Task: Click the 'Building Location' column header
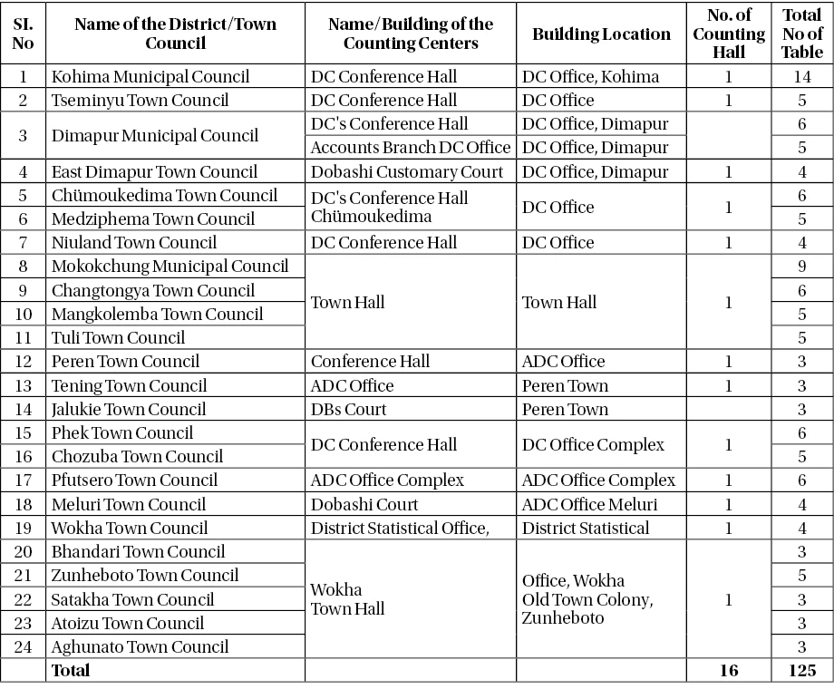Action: [x=602, y=34]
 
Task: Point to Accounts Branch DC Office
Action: [x=411, y=148]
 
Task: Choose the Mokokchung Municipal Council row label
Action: [x=170, y=267]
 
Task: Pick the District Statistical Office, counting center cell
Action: [x=400, y=528]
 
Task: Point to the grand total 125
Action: [x=800, y=671]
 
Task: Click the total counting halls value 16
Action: [x=729, y=671]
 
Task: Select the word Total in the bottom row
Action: [x=72, y=671]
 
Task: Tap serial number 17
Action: [x=24, y=480]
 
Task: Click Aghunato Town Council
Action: [x=141, y=646]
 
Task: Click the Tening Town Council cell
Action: [x=130, y=385]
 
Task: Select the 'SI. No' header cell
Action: [x=24, y=34]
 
